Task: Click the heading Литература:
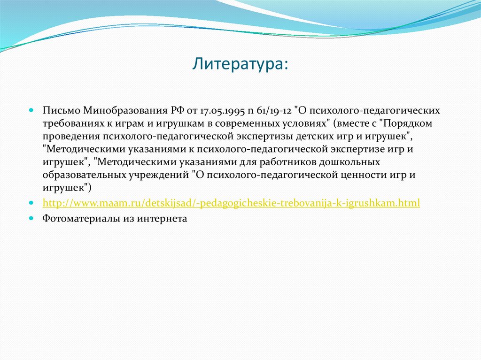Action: tap(240, 64)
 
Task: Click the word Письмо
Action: tap(62, 110)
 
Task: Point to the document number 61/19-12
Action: tap(274, 111)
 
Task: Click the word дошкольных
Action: tap(349, 162)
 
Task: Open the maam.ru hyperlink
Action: tap(231, 203)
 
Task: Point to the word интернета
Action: tap(162, 219)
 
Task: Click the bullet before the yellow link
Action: tap(31, 203)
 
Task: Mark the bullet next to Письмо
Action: tap(31, 110)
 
